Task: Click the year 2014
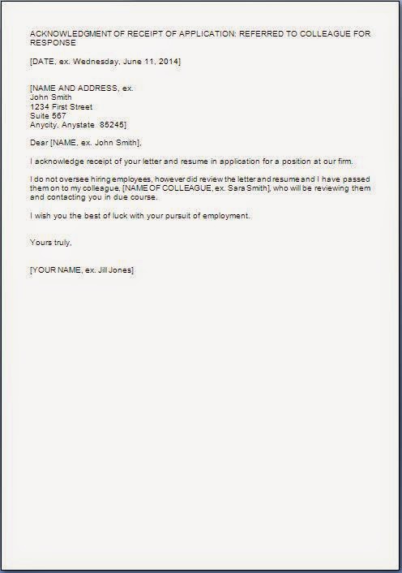(x=168, y=62)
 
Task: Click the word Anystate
(x=80, y=124)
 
